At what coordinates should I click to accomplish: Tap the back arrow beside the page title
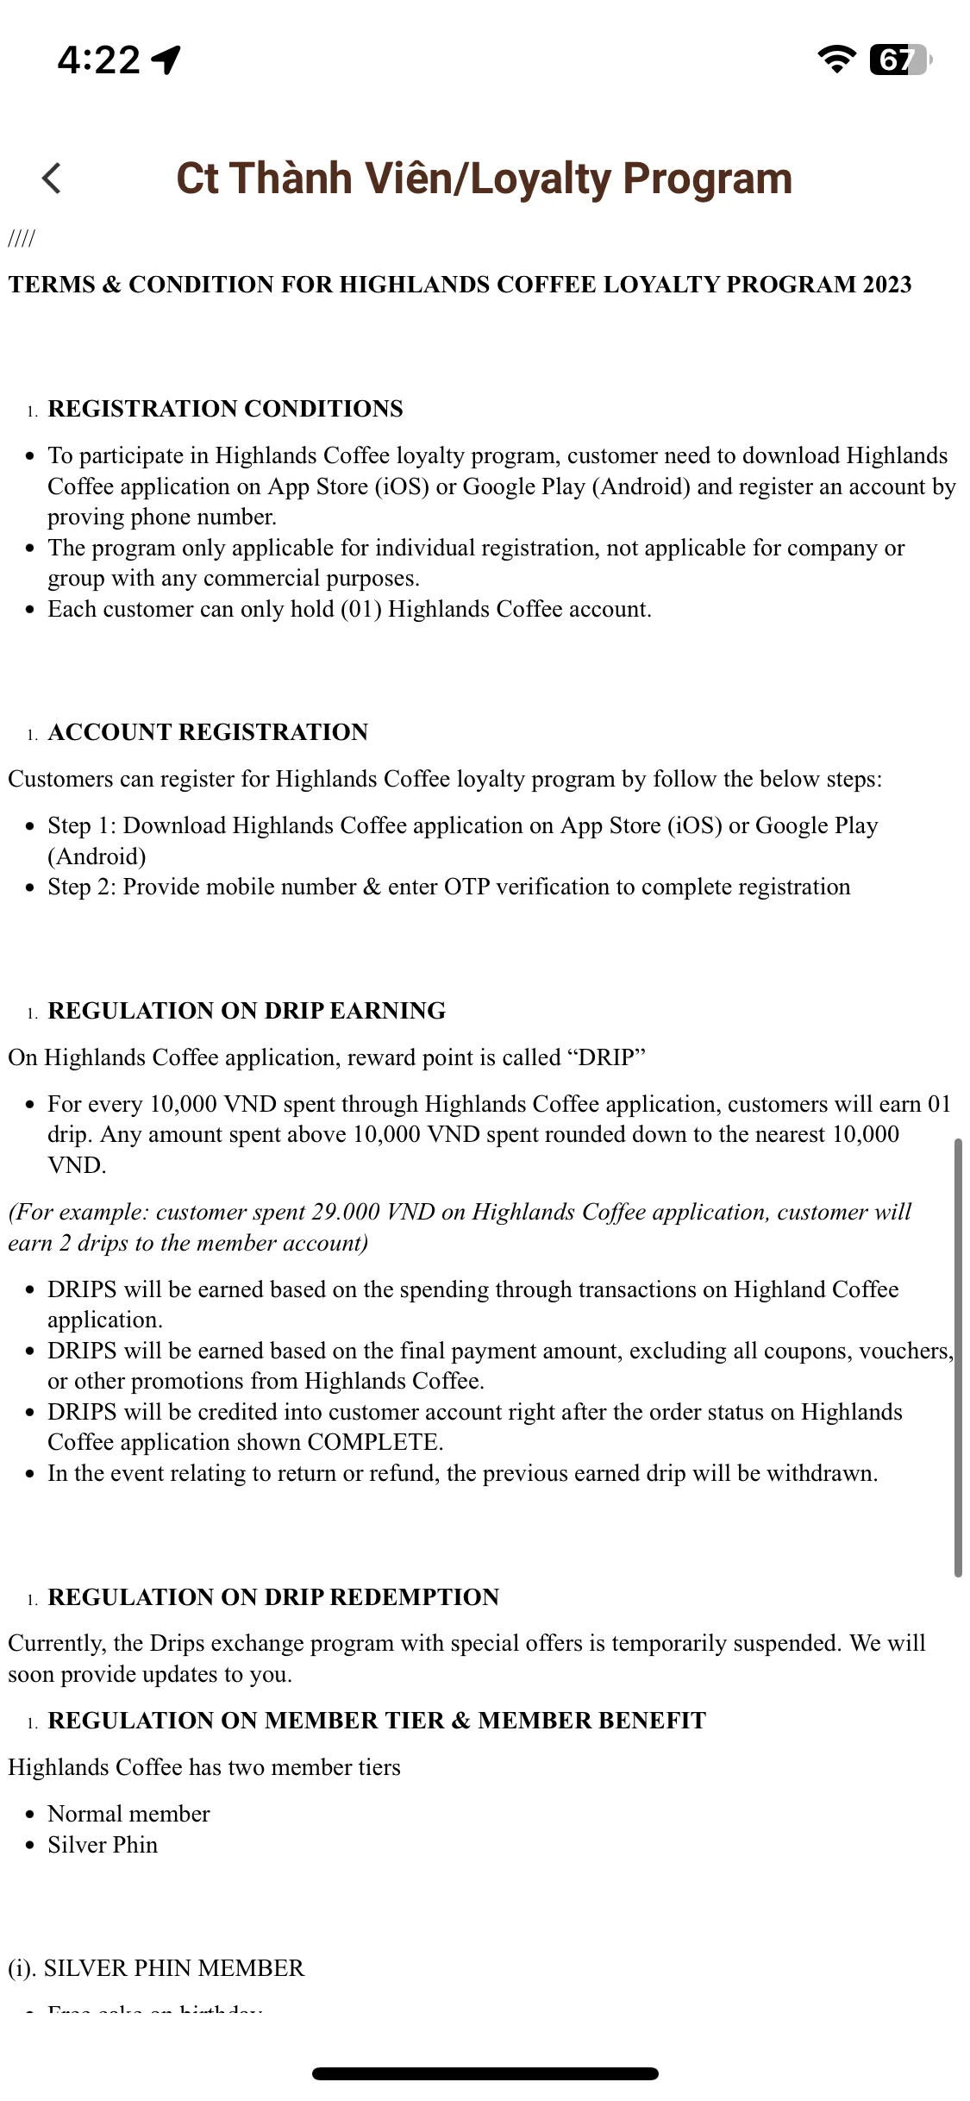[52, 179]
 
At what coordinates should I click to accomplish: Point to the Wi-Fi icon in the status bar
[835, 59]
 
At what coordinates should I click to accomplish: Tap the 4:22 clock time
[98, 60]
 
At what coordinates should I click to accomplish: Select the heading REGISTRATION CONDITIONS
[225, 409]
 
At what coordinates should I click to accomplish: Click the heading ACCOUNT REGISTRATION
[208, 732]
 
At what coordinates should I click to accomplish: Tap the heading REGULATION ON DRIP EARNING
[247, 1011]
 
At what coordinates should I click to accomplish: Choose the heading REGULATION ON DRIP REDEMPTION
[273, 1597]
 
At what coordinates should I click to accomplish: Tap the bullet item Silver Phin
[103, 1845]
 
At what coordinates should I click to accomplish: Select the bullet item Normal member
[128, 1814]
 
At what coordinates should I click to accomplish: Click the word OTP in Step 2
[466, 887]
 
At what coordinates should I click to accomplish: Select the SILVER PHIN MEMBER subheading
[156, 1968]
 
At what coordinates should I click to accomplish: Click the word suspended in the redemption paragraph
[785, 1643]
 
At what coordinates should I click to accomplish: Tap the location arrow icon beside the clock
[166, 60]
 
